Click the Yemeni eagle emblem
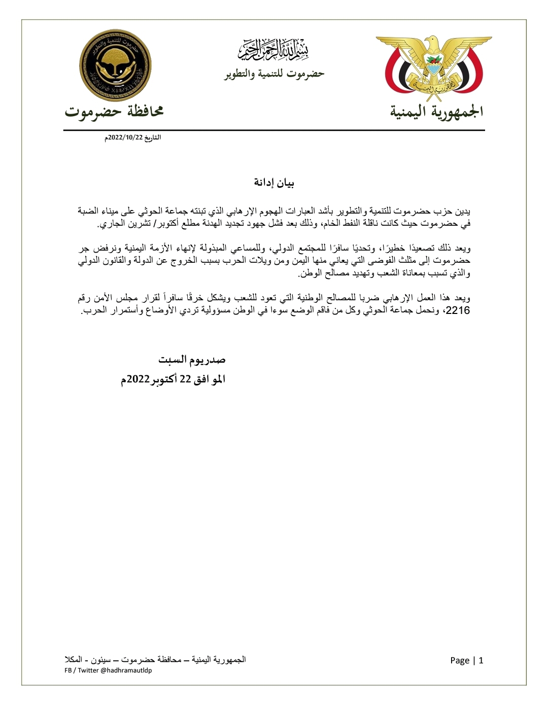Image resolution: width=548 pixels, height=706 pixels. pyautogui.click(x=434, y=68)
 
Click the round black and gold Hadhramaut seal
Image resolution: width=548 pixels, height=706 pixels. pyautogui.click(x=116, y=65)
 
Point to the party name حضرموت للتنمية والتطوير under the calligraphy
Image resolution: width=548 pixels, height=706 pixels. pyautogui.click(x=274, y=74)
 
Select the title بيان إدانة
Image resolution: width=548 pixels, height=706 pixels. pyautogui.click(x=274, y=183)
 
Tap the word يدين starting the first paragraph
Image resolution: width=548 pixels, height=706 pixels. pyautogui.click(x=462, y=210)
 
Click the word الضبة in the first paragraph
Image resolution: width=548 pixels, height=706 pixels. pyautogui.click(x=89, y=210)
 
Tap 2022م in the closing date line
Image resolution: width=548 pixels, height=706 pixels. pyautogui.click(x=134, y=380)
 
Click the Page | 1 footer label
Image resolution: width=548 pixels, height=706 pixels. pyautogui.click(x=466, y=660)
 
